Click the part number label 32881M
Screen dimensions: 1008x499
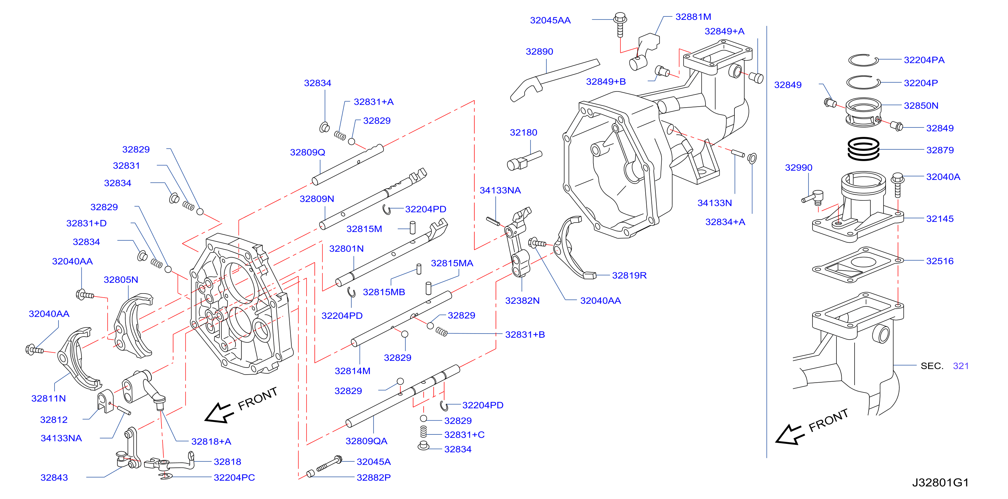pos(693,17)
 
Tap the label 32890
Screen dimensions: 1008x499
pos(539,52)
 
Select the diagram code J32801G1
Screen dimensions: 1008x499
pos(940,483)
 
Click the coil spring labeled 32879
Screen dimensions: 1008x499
pos(863,149)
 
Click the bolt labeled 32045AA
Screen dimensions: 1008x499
pos(620,25)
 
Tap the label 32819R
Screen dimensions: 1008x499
pos(629,275)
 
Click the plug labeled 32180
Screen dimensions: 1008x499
pos(524,161)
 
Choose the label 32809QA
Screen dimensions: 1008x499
pos(366,441)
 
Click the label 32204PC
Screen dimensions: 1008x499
pos(234,477)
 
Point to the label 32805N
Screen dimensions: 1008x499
pos(121,280)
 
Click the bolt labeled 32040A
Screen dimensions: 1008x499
pos(898,185)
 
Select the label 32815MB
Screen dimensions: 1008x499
pos(384,292)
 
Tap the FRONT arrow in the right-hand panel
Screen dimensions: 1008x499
pos(789,434)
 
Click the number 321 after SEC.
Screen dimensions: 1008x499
pos(961,366)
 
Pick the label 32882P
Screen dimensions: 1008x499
pos(373,477)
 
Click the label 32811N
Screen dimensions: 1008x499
pos(48,398)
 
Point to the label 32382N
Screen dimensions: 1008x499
pos(523,301)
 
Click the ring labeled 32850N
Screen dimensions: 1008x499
pos(863,113)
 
